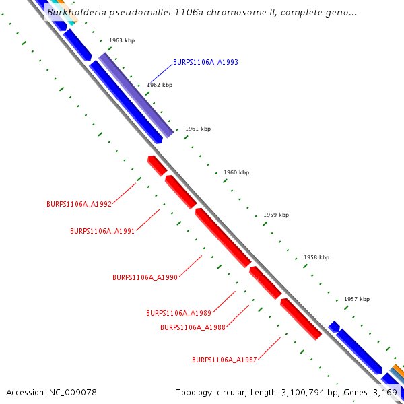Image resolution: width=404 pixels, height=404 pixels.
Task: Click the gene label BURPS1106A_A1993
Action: pos(205,62)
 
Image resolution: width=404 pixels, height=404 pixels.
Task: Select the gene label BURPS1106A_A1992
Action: pos(79,204)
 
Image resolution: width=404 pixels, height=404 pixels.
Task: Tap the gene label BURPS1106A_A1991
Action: pos(102,231)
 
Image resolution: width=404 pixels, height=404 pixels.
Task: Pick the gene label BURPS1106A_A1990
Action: pos(145,277)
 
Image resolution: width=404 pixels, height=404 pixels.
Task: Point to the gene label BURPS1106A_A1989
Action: pos(178,313)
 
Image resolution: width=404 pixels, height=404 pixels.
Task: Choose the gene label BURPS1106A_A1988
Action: pos(193,327)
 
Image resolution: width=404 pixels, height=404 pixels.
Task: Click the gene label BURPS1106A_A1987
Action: pos(224,360)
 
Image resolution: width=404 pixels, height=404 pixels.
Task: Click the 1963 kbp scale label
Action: pos(122,41)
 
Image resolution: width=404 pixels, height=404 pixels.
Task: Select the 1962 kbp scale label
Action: pos(160,86)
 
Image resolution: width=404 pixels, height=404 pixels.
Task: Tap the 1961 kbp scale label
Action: pos(198,129)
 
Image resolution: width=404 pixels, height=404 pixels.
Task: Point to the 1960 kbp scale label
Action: pos(236,173)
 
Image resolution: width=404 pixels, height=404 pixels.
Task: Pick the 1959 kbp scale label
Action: pos(276,215)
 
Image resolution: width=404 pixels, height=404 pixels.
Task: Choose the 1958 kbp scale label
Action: pos(316,258)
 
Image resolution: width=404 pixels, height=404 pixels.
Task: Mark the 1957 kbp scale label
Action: pos(357,300)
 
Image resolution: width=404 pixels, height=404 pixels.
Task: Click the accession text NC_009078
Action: pos(72,392)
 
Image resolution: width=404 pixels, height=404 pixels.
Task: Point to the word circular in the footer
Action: pos(234,392)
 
